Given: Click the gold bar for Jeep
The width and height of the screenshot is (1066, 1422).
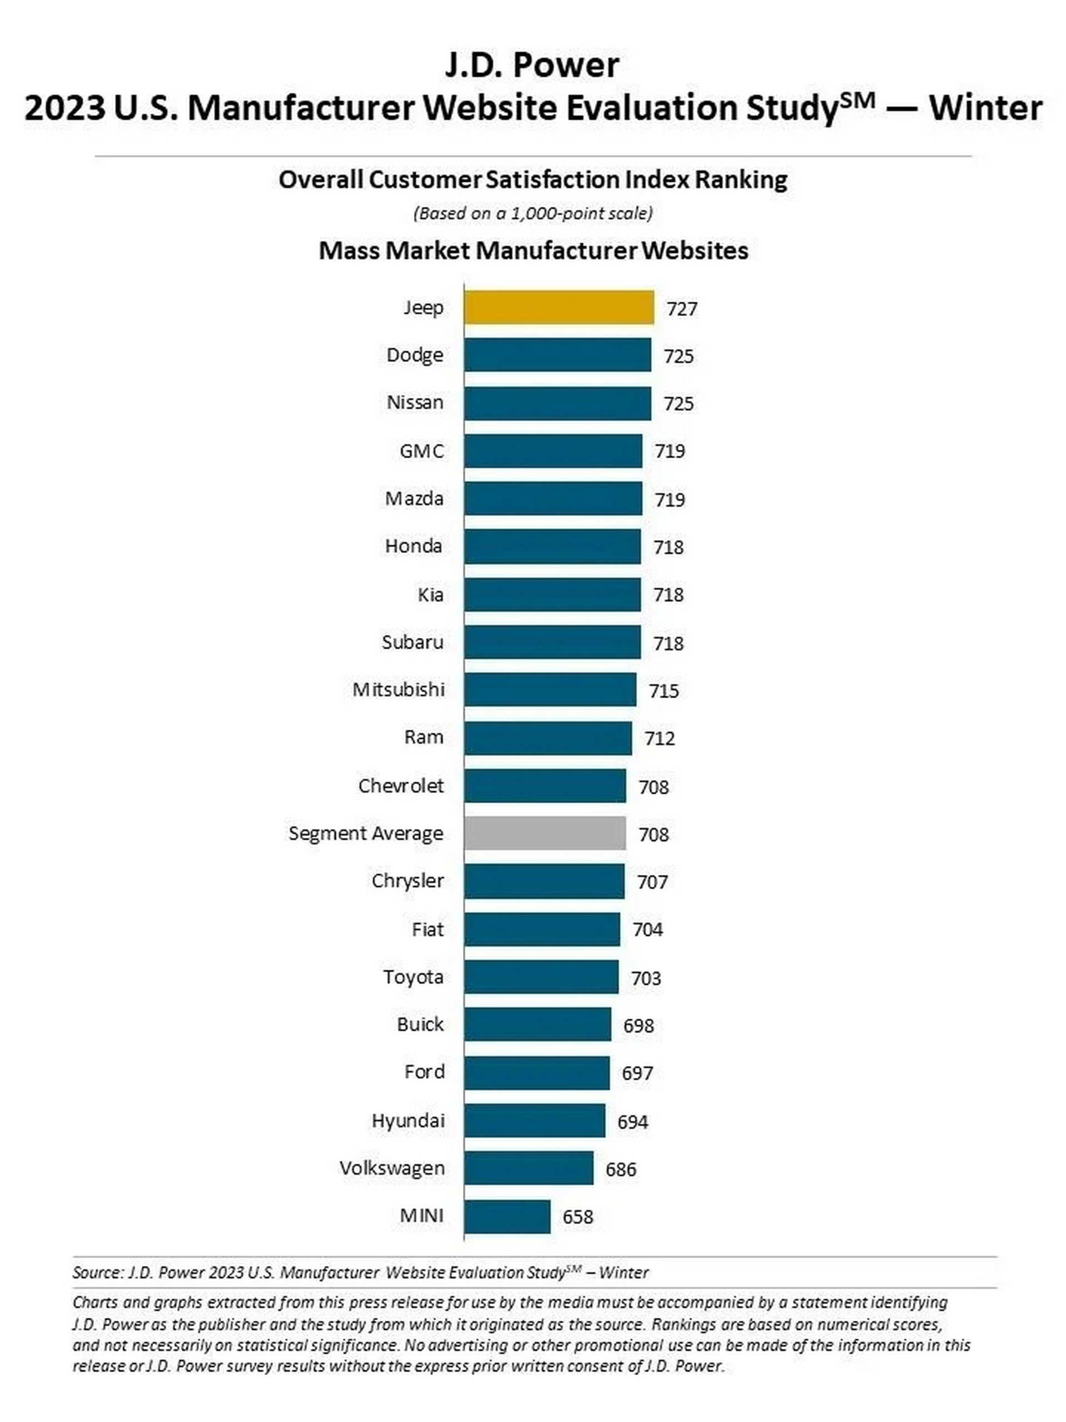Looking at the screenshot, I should point(559,307).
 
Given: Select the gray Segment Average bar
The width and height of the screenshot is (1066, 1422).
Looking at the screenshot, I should point(544,833).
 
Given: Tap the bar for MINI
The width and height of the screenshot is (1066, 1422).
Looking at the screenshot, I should point(507,1216).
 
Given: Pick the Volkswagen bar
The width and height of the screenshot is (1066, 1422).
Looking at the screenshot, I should point(528,1168).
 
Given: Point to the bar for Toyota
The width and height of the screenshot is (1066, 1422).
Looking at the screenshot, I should point(541,977).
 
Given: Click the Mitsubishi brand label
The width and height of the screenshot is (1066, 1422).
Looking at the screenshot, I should point(399,690).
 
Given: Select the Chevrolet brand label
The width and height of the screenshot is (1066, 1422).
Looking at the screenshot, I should point(401,785).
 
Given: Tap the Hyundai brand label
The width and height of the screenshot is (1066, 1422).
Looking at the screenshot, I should point(408,1120).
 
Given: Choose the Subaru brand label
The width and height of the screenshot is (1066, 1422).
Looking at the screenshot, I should point(413,642).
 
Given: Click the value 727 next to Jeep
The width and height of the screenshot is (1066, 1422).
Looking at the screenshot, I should point(682,309).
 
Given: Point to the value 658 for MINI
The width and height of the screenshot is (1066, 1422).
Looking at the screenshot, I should point(577,1217).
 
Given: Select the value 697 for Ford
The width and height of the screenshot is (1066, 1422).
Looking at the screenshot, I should point(637,1073).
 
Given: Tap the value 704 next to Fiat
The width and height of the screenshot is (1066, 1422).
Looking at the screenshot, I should point(648,929).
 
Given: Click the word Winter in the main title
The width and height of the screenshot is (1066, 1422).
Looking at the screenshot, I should point(985,108).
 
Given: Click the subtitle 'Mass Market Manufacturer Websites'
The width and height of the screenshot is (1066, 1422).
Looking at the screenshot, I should point(534,251).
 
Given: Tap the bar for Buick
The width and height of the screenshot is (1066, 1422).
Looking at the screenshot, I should point(537,1025).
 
